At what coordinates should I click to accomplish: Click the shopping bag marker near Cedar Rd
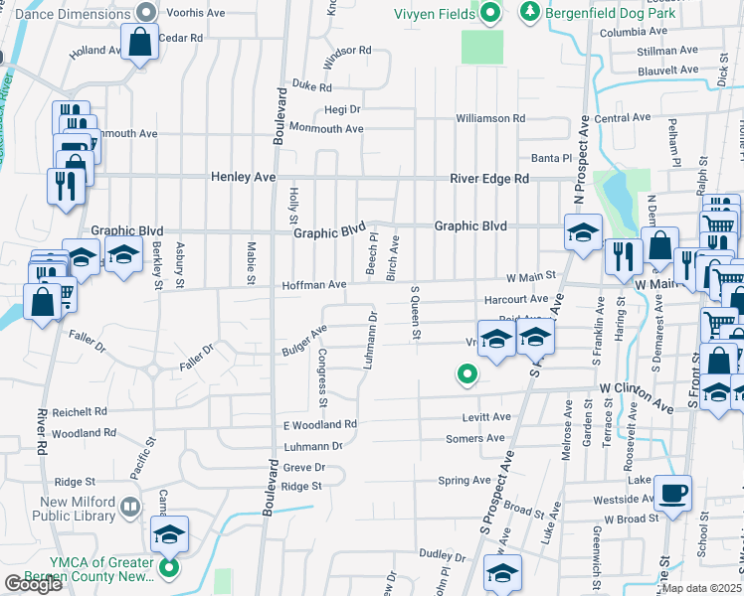(x=139, y=43)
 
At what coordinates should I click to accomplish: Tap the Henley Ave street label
(x=243, y=177)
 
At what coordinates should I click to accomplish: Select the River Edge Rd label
(x=488, y=178)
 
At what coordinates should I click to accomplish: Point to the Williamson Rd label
(x=490, y=118)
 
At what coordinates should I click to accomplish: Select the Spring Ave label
(x=465, y=481)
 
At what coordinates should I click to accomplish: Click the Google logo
(x=32, y=584)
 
